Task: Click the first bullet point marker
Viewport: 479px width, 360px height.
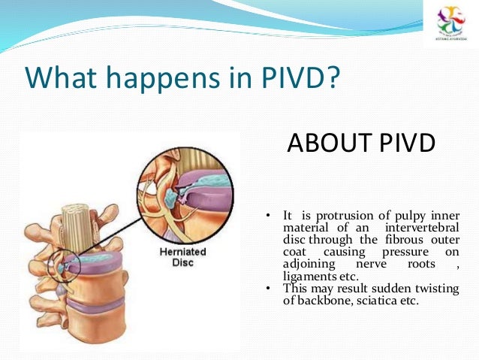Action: [x=268, y=217]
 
